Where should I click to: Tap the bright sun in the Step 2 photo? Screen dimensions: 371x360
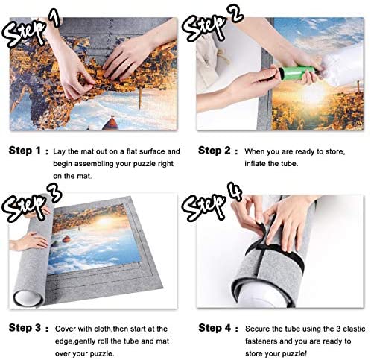pos(313,95)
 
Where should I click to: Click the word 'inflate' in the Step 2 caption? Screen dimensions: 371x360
pos(256,164)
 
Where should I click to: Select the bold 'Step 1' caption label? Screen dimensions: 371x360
pos(25,151)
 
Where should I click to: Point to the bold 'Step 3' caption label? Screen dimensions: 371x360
pos(25,328)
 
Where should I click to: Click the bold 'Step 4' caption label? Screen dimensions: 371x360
pos(215,328)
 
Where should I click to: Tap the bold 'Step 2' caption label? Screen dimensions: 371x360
pos(215,151)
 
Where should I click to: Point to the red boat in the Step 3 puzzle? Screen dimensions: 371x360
pos(66,239)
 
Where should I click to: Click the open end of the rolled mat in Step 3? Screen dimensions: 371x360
pos(28,298)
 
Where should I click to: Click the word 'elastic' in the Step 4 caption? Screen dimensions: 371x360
pos(354,329)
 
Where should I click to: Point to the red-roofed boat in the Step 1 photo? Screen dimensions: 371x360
pos(110,124)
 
